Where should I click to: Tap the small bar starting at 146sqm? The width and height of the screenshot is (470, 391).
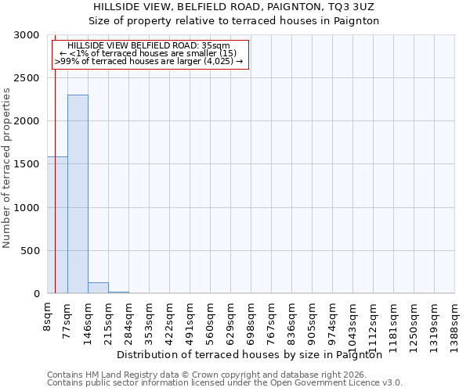point(98,288)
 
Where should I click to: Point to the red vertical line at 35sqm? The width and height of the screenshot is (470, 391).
point(55,172)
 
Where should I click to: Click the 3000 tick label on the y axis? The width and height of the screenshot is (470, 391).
point(26,35)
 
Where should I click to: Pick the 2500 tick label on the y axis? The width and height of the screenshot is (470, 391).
point(26,78)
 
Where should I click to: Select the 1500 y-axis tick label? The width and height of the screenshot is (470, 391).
point(26,165)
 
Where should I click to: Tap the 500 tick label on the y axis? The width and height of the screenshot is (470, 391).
point(29,251)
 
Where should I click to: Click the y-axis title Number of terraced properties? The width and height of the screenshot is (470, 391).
point(7,168)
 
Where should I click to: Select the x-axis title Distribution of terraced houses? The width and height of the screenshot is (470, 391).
point(254,354)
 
